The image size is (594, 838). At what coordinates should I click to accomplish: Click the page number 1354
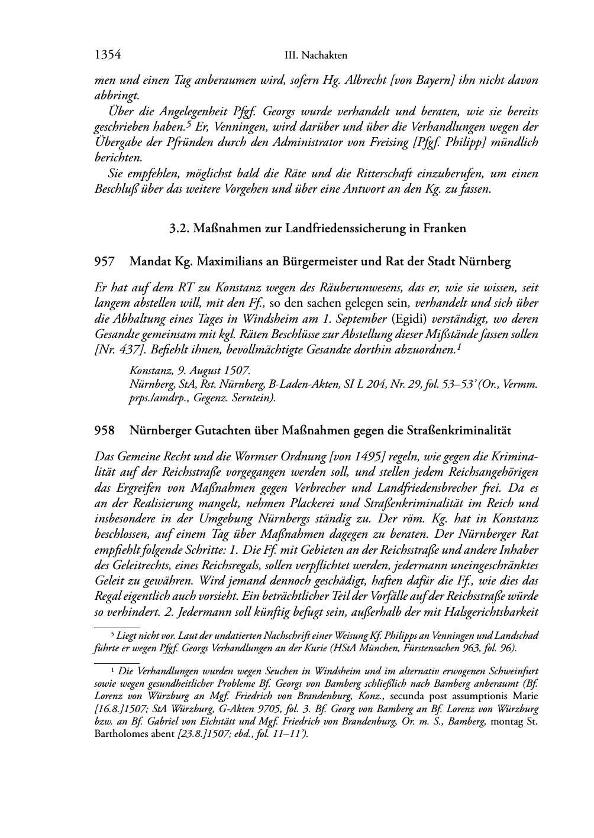pos(108,55)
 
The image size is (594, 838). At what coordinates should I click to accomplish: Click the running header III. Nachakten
pos(315,56)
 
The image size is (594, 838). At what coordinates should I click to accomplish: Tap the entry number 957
pos(104,261)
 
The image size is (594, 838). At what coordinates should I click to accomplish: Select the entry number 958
pos(104,431)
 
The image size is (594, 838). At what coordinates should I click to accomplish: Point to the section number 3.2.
pos(178,228)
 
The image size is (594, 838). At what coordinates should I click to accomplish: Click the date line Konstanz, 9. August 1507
pos(189,371)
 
